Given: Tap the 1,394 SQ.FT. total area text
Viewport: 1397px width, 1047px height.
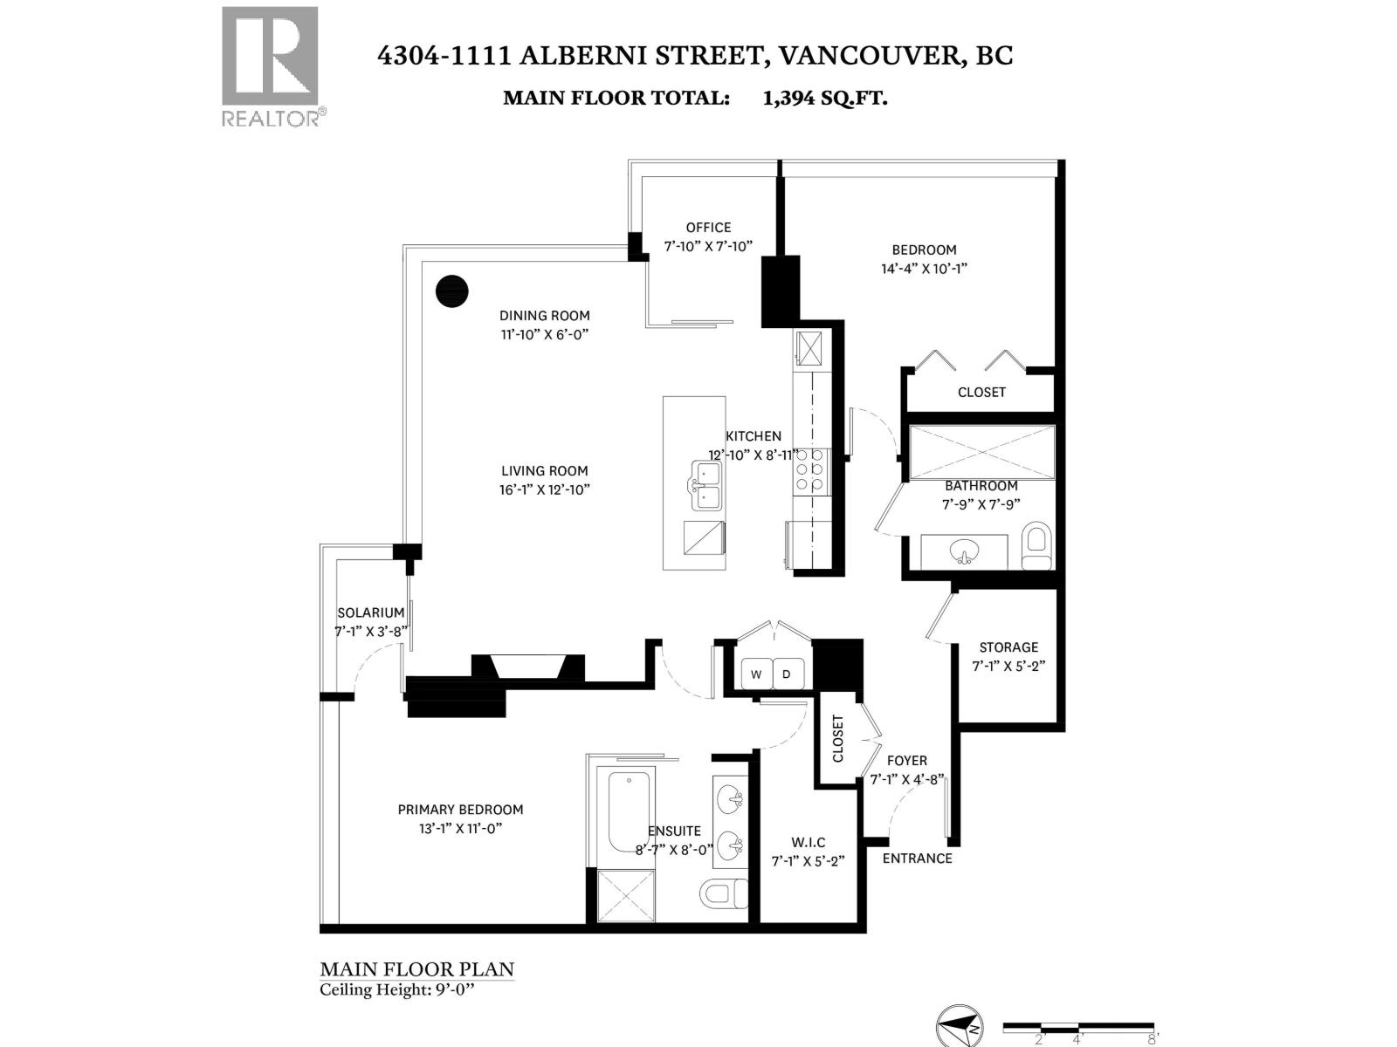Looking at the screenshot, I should click(x=824, y=98).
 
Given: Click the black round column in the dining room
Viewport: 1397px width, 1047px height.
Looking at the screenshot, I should click(x=451, y=291).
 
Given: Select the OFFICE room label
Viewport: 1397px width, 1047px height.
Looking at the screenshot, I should click(x=708, y=228).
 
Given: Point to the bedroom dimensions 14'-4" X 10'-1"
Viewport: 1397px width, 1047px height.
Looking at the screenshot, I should click(x=924, y=269).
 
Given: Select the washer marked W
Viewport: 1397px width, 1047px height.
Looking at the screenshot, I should click(x=756, y=674).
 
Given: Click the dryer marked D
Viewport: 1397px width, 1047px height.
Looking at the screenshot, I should click(x=787, y=674).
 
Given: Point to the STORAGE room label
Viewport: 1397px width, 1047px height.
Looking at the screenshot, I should click(x=1008, y=647).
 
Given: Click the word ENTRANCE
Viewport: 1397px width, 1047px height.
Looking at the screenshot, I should click(x=917, y=859).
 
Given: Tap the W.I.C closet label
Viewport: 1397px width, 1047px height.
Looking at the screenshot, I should click(x=808, y=842).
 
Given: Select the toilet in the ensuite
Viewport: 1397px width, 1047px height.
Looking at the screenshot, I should click(x=723, y=893).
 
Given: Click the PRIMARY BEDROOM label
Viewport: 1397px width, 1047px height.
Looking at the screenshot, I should click(x=460, y=810).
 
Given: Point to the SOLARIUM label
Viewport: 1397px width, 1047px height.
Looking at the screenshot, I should click(x=371, y=613).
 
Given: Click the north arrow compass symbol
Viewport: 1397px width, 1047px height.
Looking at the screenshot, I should click(x=960, y=1025).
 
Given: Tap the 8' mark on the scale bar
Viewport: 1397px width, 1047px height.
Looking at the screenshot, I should click(x=1153, y=1039).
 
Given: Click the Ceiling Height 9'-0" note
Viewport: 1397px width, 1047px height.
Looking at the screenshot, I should click(x=400, y=989).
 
